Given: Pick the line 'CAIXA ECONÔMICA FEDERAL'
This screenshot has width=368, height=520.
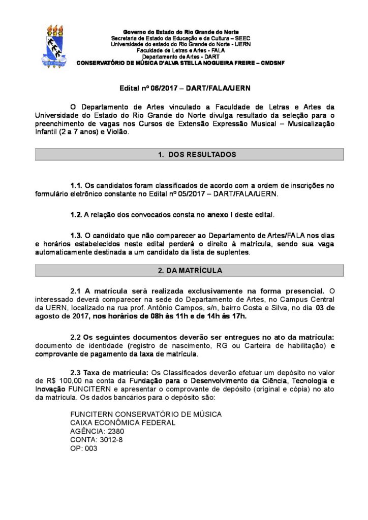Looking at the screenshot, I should pyautogui.click(x=122, y=422).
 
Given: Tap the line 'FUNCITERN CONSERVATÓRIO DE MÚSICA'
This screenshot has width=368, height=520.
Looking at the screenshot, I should pyautogui.click(x=146, y=413).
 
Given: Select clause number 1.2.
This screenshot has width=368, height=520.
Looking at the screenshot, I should pyautogui.click(x=76, y=214).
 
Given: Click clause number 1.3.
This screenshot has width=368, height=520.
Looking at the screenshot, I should pyautogui.click(x=76, y=235).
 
